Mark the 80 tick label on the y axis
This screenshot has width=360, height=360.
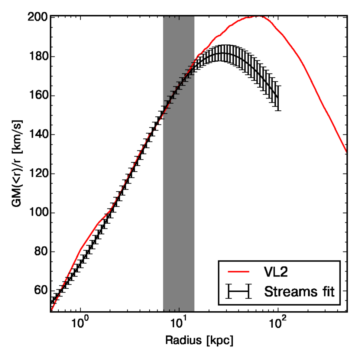pos(40,252)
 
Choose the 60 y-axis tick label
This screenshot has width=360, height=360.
pos(40,291)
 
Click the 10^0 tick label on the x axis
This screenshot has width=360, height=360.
pos(81,321)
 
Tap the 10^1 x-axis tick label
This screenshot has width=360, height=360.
pos(179,321)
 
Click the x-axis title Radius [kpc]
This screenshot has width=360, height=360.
pos(199,341)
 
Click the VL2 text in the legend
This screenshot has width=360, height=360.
pos(276,272)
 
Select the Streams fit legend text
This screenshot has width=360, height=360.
pos(299,292)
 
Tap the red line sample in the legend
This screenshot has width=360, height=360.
pos(238,272)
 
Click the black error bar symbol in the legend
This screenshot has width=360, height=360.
pos(238,292)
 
